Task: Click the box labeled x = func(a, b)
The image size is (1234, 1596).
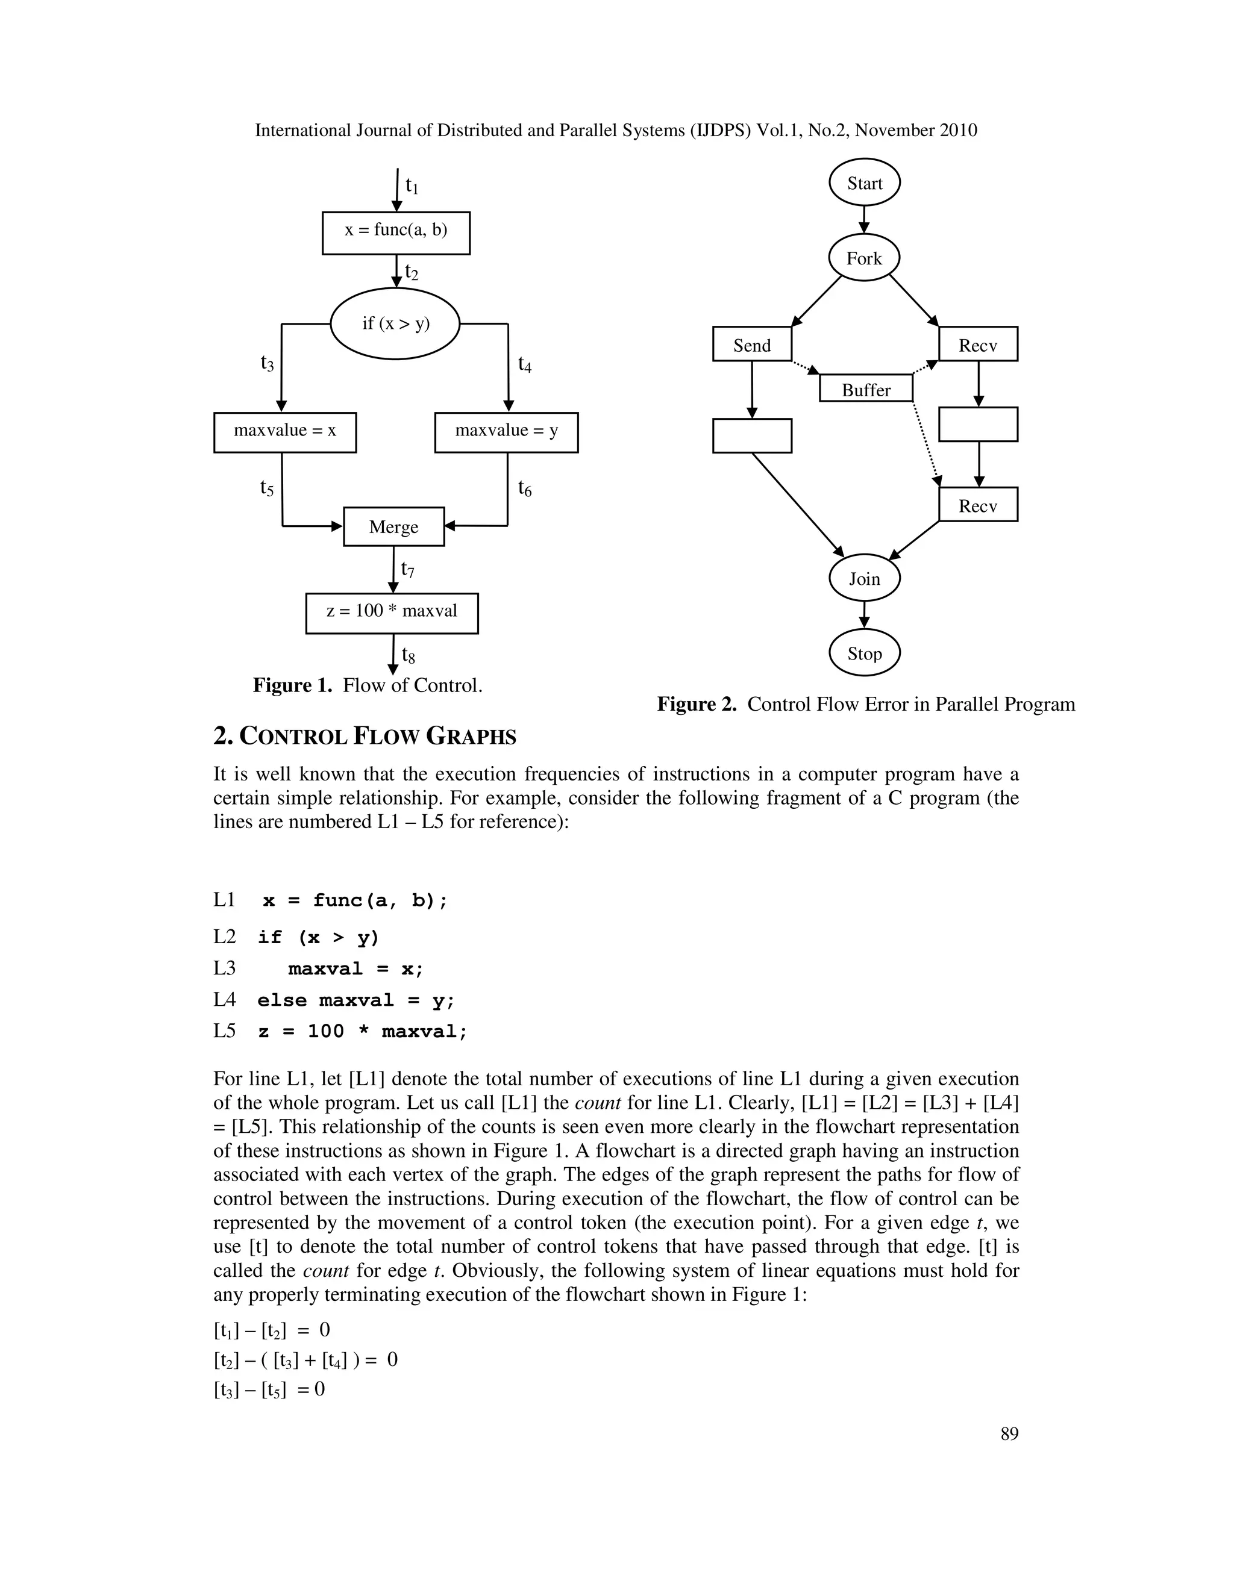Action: pyautogui.click(x=395, y=232)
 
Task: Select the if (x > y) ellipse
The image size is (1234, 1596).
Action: pyautogui.click(x=395, y=323)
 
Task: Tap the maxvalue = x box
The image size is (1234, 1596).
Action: pyautogui.click(x=284, y=432)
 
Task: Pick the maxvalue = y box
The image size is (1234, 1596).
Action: pyautogui.click(x=506, y=432)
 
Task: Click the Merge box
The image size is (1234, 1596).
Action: pyautogui.click(x=393, y=526)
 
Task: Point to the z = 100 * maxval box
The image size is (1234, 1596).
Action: pyautogui.click(x=391, y=613)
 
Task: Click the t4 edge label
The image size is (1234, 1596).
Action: pyautogui.click(x=524, y=364)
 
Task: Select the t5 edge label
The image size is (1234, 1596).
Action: pyautogui.click(x=267, y=487)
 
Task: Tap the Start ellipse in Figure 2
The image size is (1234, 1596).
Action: pyautogui.click(x=864, y=182)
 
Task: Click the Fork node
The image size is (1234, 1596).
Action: pyautogui.click(x=863, y=257)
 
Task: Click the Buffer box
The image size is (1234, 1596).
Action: pyautogui.click(x=866, y=389)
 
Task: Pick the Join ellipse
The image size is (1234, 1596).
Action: pyautogui.click(x=864, y=578)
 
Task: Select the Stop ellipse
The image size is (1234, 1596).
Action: pyautogui.click(x=864, y=653)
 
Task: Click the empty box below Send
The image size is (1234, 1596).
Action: pyautogui.click(x=751, y=435)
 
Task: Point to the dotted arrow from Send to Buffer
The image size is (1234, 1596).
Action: pyautogui.click(x=806, y=367)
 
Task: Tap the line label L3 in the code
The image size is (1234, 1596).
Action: pyautogui.click(x=224, y=968)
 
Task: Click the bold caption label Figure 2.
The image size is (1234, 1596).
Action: pyautogui.click(x=696, y=703)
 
